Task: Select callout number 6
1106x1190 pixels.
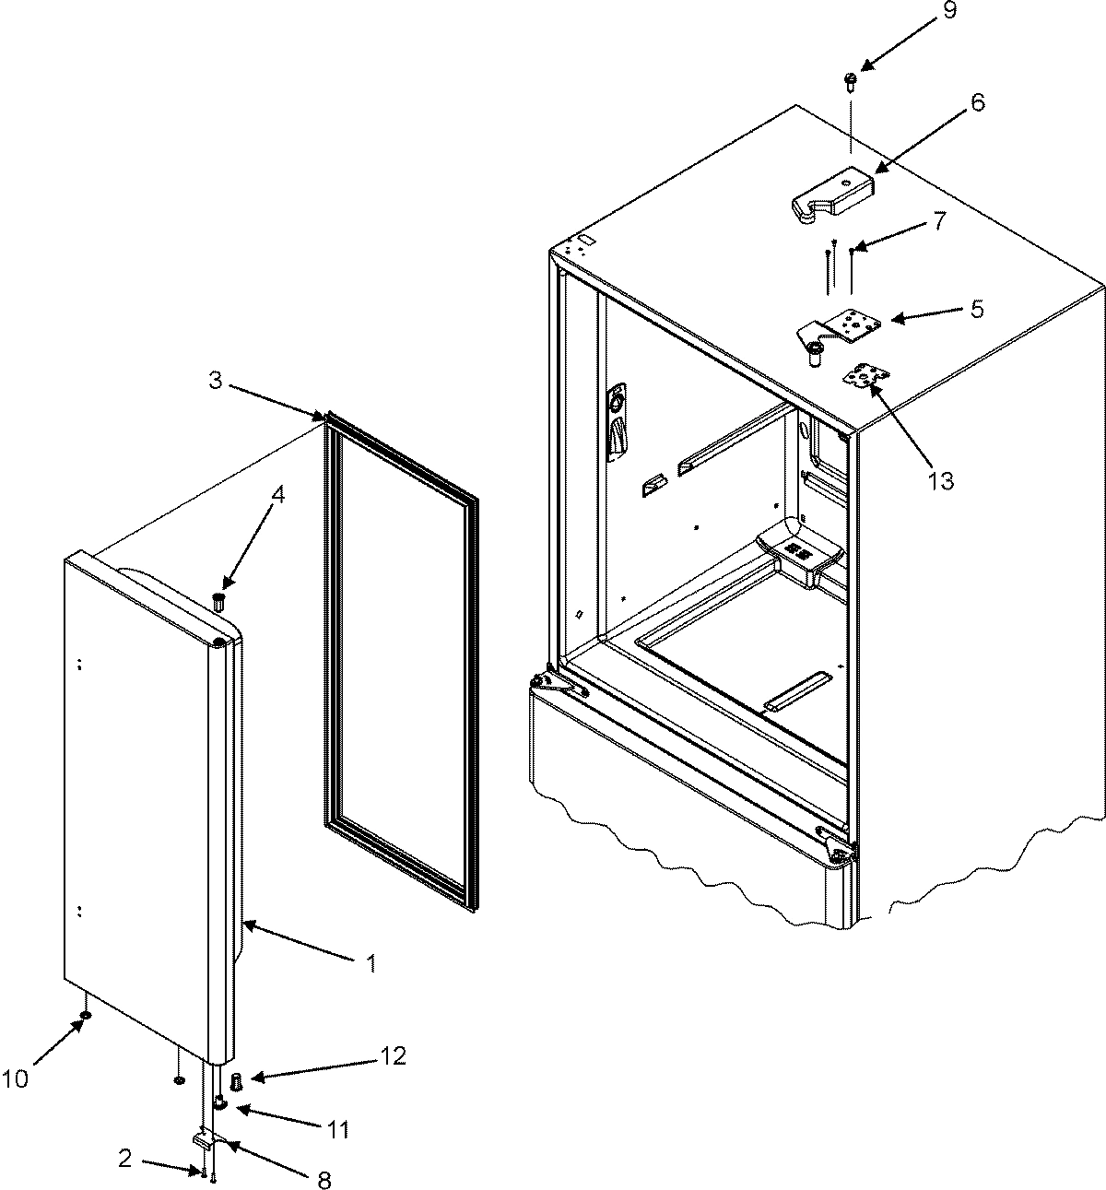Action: (x=977, y=102)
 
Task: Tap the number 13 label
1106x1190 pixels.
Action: (x=941, y=480)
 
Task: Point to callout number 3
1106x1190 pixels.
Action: (x=214, y=381)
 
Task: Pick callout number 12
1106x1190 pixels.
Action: (x=393, y=1056)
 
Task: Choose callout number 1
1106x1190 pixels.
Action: (x=371, y=964)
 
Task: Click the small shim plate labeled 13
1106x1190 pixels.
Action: (x=865, y=377)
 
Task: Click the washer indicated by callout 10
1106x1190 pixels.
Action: (x=85, y=1016)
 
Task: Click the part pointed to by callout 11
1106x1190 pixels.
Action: (x=220, y=1101)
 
